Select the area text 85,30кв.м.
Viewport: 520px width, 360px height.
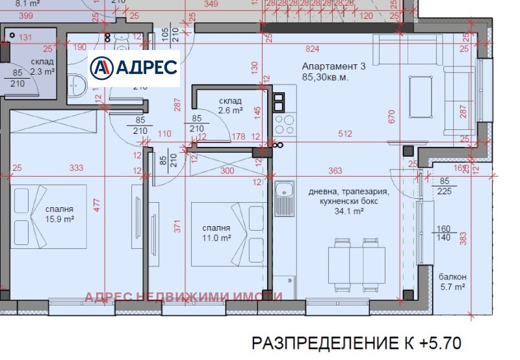(325, 77)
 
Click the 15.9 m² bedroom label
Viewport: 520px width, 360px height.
(59, 214)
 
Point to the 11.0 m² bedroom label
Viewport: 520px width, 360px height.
(216, 233)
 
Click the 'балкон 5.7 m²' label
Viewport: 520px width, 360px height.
(452, 281)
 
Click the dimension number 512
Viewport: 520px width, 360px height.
(344, 135)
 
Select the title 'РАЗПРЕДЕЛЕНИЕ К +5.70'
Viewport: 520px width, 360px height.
(356, 342)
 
